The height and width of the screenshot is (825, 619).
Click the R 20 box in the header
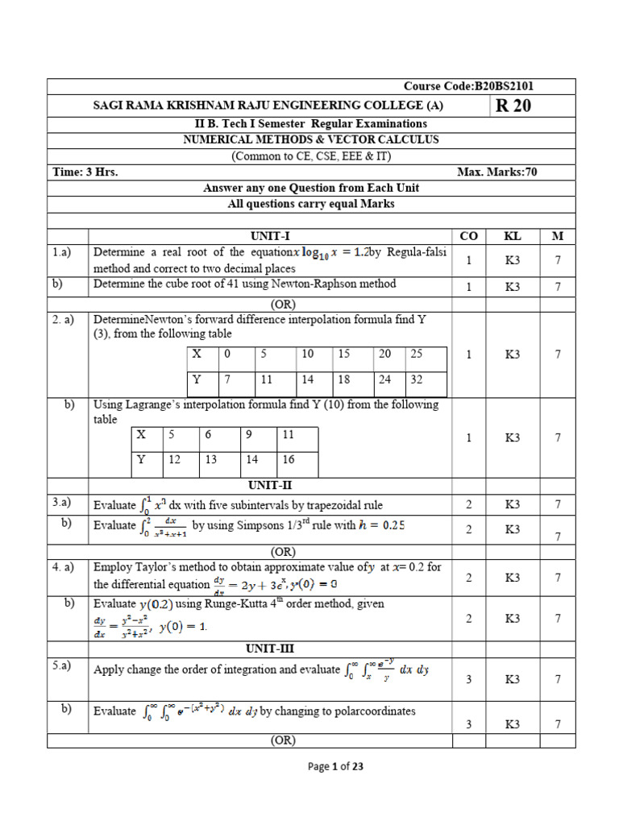click(513, 106)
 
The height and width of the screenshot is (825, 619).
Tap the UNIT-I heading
click(269, 235)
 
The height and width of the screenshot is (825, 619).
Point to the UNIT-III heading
click(269, 647)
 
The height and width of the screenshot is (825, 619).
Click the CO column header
click(468, 235)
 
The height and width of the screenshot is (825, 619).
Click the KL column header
click(513, 235)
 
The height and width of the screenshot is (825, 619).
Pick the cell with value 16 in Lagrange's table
click(289, 460)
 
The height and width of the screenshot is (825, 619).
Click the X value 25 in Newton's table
click(417, 354)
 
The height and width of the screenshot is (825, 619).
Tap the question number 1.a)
click(63, 252)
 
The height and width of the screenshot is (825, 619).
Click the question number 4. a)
click(64, 566)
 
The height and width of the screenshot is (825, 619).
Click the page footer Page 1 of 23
click(336, 767)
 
